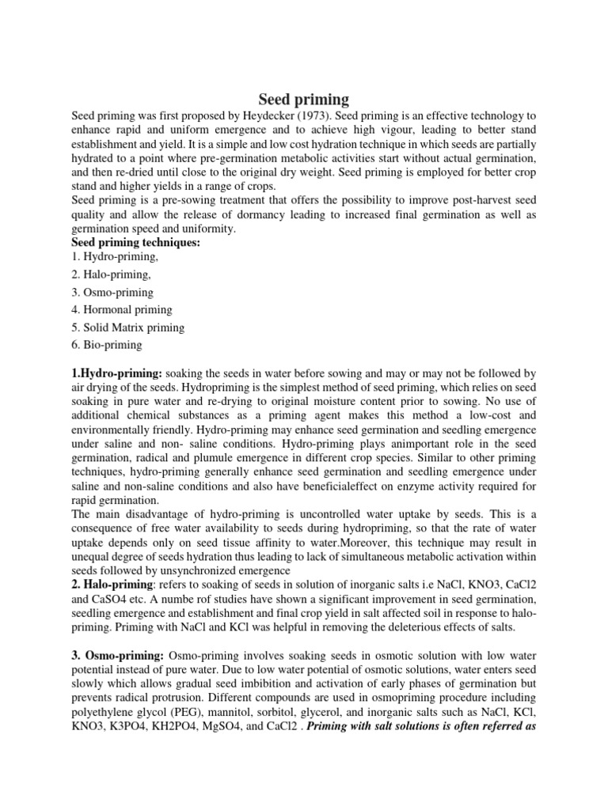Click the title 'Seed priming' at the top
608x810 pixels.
[x=304, y=100]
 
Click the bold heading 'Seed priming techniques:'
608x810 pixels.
[x=135, y=242]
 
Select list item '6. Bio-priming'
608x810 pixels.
[x=107, y=345]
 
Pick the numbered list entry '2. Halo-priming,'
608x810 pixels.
[x=110, y=275]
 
